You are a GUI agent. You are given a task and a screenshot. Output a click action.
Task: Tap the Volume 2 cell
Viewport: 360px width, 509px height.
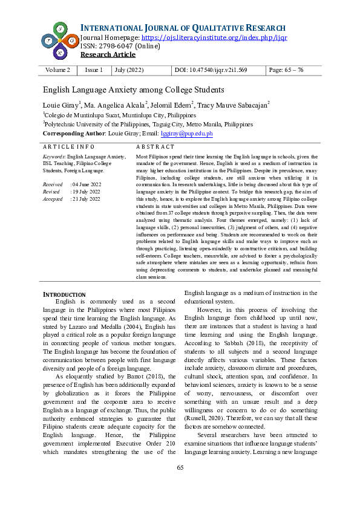tap(57, 70)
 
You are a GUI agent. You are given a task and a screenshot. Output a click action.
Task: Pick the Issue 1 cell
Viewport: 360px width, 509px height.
tap(94, 70)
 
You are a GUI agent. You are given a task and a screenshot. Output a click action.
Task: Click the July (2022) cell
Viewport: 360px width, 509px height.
tap(129, 70)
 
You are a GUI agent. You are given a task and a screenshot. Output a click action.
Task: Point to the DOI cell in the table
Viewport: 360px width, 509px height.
tap(211, 70)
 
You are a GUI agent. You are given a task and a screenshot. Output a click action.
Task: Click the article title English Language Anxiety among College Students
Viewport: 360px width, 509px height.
tap(133, 90)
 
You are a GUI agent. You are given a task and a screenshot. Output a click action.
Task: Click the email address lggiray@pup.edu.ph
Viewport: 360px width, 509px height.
tap(191, 133)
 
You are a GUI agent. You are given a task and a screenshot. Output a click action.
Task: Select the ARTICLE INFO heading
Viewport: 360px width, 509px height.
tap(68, 147)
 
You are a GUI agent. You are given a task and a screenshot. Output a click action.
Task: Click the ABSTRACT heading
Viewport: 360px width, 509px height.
tap(155, 147)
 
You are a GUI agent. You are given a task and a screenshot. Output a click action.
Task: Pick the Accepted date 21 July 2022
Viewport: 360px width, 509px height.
tap(87, 198)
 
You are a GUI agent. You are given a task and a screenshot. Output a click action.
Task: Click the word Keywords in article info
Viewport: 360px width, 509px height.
tap(54, 156)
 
